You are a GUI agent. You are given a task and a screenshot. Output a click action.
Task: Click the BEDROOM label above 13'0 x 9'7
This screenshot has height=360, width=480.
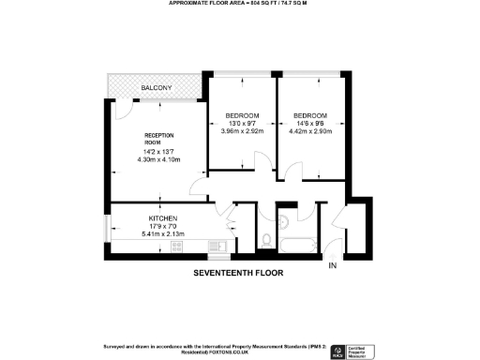[x=242, y=115]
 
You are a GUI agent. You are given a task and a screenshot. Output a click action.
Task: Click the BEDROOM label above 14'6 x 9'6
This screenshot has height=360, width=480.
[x=310, y=115]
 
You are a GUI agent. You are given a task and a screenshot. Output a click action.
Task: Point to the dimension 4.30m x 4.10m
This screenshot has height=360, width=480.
[x=157, y=159]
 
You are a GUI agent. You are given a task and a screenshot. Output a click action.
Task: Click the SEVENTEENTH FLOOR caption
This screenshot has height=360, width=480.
[x=237, y=273]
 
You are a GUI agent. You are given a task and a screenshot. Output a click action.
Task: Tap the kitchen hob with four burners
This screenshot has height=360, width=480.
[x=176, y=247]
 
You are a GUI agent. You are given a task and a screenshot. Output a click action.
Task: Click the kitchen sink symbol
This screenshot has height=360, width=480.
[x=217, y=247]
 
